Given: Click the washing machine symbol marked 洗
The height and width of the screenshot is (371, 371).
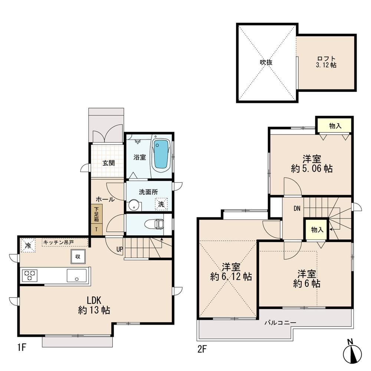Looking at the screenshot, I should [x=161, y=204].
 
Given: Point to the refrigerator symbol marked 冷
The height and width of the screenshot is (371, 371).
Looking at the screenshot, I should [x=28, y=245].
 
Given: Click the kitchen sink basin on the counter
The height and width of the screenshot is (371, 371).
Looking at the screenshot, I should [x=76, y=276].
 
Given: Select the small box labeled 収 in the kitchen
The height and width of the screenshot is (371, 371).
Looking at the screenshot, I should [x=78, y=256].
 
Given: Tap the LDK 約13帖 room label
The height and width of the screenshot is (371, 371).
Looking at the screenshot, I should [x=94, y=305].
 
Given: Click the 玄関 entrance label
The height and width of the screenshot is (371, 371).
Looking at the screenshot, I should [x=108, y=163].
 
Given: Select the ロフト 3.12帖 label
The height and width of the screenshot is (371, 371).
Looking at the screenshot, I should [x=326, y=62].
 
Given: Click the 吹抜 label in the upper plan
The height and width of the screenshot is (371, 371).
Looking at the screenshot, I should [x=266, y=62].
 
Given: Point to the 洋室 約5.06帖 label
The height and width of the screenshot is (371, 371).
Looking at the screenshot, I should [x=312, y=164].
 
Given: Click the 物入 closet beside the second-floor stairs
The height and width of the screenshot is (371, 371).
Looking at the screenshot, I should [x=317, y=230].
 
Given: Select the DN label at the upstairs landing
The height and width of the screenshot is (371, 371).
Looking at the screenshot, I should [x=297, y=209].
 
